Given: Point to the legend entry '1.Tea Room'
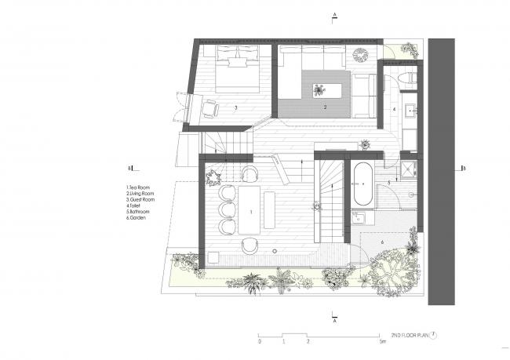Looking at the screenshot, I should tap(139, 187).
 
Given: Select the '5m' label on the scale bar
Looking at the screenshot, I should tap(381, 343).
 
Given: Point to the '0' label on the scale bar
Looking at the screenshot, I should tap(259, 343).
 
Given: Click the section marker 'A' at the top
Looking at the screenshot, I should tap(334, 15).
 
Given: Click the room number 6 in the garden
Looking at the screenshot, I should tap(382, 242).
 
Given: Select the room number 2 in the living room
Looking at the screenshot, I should tap(324, 108).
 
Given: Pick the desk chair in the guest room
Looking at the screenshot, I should tap(211, 108).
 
